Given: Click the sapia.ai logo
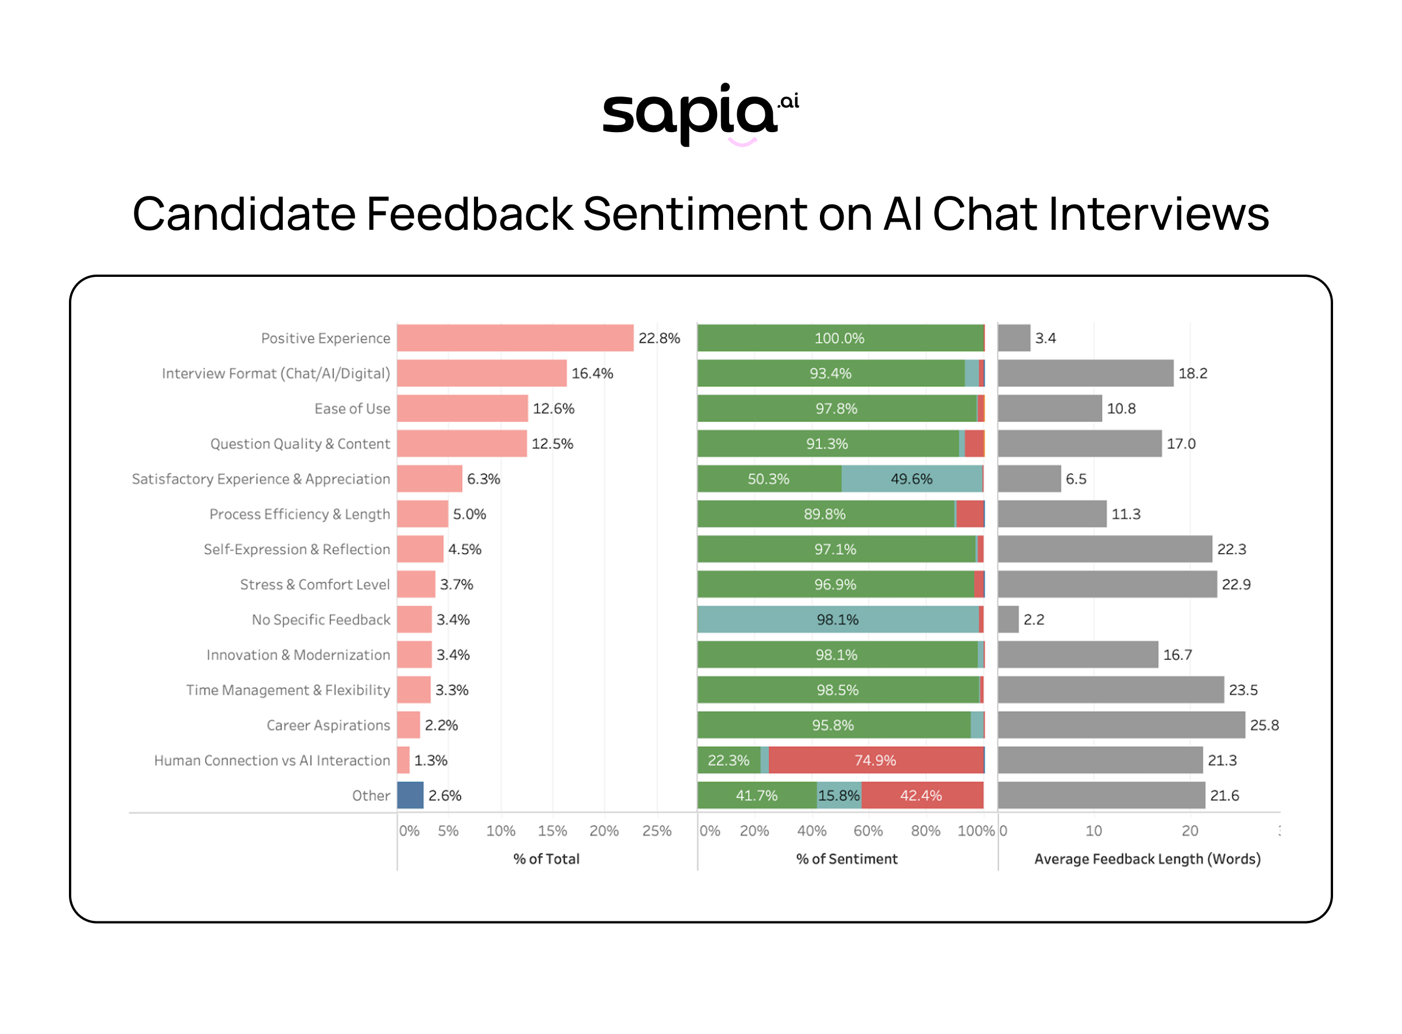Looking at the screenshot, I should (700, 113).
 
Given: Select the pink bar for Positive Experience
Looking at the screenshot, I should (514, 338).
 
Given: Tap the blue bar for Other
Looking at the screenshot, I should (410, 795).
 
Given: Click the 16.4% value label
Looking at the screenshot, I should (591, 373).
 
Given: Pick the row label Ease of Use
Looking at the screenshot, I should (352, 409).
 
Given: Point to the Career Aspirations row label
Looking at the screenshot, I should (328, 726).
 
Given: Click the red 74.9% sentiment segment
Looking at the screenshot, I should (875, 760).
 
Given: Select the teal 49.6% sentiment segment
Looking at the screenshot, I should (911, 479).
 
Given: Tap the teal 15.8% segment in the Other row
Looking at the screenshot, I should (839, 796).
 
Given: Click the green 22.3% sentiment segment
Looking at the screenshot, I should (728, 760).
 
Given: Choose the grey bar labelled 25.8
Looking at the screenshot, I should (1120, 725).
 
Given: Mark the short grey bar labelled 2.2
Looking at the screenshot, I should (1008, 620).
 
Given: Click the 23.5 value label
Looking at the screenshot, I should (1242, 690).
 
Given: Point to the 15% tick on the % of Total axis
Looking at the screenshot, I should (552, 831).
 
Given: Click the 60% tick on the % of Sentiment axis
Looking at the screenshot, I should (868, 831).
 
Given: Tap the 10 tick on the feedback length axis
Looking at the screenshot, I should (1093, 831).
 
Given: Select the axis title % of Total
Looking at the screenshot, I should (546, 859).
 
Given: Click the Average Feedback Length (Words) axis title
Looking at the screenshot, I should (1147, 859).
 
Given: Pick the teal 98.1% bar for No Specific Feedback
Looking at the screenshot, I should (837, 620).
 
